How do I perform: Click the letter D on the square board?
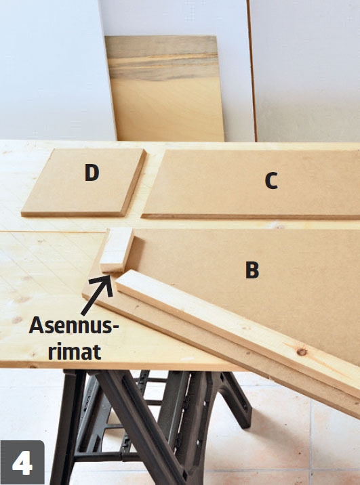pos(92,172)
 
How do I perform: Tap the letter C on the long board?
pos(271,180)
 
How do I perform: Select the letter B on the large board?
pos(252,270)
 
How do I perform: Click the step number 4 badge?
pos(22,463)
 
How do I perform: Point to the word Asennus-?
pos(74,326)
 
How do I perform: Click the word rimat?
pos(75,352)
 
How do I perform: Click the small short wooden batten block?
pos(117,250)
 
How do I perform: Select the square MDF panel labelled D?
pos(84,182)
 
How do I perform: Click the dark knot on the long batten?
pos(302,352)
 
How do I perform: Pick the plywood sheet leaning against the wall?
pos(165,89)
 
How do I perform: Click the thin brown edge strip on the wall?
pos(252,70)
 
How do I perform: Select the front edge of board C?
pos(250,217)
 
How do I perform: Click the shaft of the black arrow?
pos(92,300)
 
